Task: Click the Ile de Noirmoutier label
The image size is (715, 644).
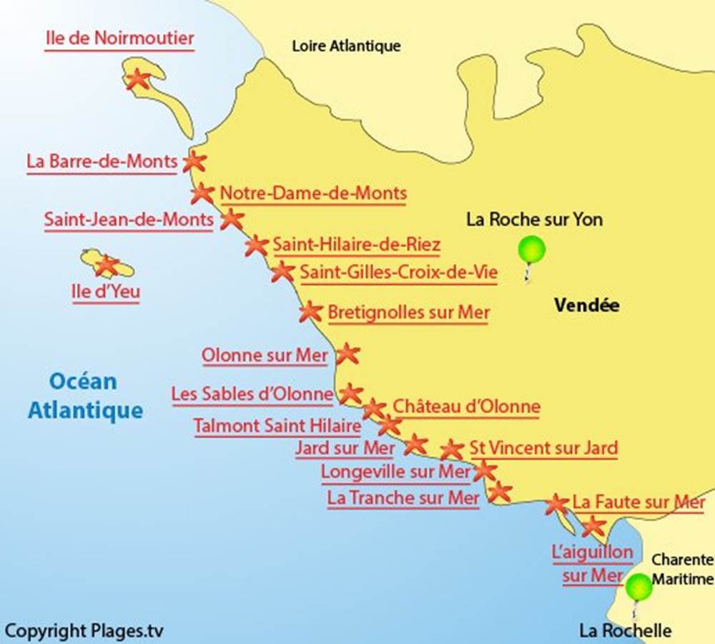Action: click(x=119, y=37)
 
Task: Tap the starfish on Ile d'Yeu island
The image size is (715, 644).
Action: click(x=107, y=265)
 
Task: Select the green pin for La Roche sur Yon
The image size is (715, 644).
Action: click(x=531, y=249)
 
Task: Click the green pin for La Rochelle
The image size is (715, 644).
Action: click(x=638, y=587)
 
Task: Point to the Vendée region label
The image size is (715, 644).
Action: click(x=586, y=306)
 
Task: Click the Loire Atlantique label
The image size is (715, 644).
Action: click(x=346, y=47)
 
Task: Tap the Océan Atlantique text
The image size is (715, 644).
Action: click(x=84, y=396)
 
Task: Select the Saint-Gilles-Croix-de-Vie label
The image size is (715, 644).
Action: click(x=398, y=273)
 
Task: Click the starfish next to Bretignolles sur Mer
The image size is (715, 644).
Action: click(x=310, y=311)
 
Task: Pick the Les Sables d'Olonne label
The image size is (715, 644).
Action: click(x=252, y=394)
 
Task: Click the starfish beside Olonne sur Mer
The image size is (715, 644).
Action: click(x=347, y=353)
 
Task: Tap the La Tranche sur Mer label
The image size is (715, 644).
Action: click(x=403, y=498)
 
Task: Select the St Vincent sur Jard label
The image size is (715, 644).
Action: click(x=543, y=449)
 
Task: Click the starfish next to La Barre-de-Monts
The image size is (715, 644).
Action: click(x=194, y=161)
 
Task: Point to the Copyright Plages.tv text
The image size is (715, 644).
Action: click(x=84, y=631)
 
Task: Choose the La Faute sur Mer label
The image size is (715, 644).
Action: click(x=638, y=502)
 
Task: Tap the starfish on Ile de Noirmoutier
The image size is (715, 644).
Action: click(x=137, y=79)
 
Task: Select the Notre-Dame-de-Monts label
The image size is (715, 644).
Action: click(x=313, y=193)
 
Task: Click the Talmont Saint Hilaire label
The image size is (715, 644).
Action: click(x=277, y=426)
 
